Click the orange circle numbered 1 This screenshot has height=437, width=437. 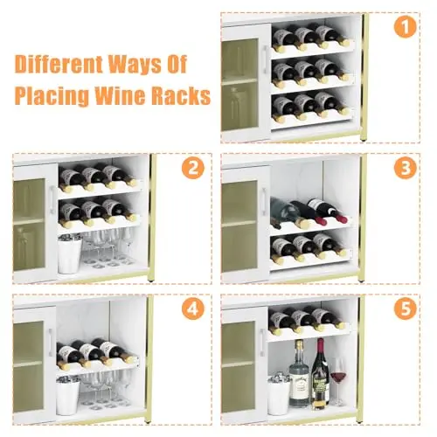tap(406, 27)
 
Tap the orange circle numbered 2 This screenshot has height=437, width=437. tap(193, 168)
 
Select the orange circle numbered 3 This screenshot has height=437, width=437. tap(406, 168)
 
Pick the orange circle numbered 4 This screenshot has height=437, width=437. tap(193, 309)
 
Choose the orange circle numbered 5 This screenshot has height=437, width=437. tap(406, 309)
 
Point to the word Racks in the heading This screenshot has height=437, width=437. tap(182, 95)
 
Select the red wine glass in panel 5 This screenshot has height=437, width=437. tap(338, 381)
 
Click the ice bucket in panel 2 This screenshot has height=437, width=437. tap(69, 254)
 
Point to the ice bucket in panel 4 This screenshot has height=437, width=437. tap(67, 396)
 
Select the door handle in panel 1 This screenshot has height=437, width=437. tap(266, 59)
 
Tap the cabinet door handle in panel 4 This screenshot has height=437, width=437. tap(51, 343)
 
